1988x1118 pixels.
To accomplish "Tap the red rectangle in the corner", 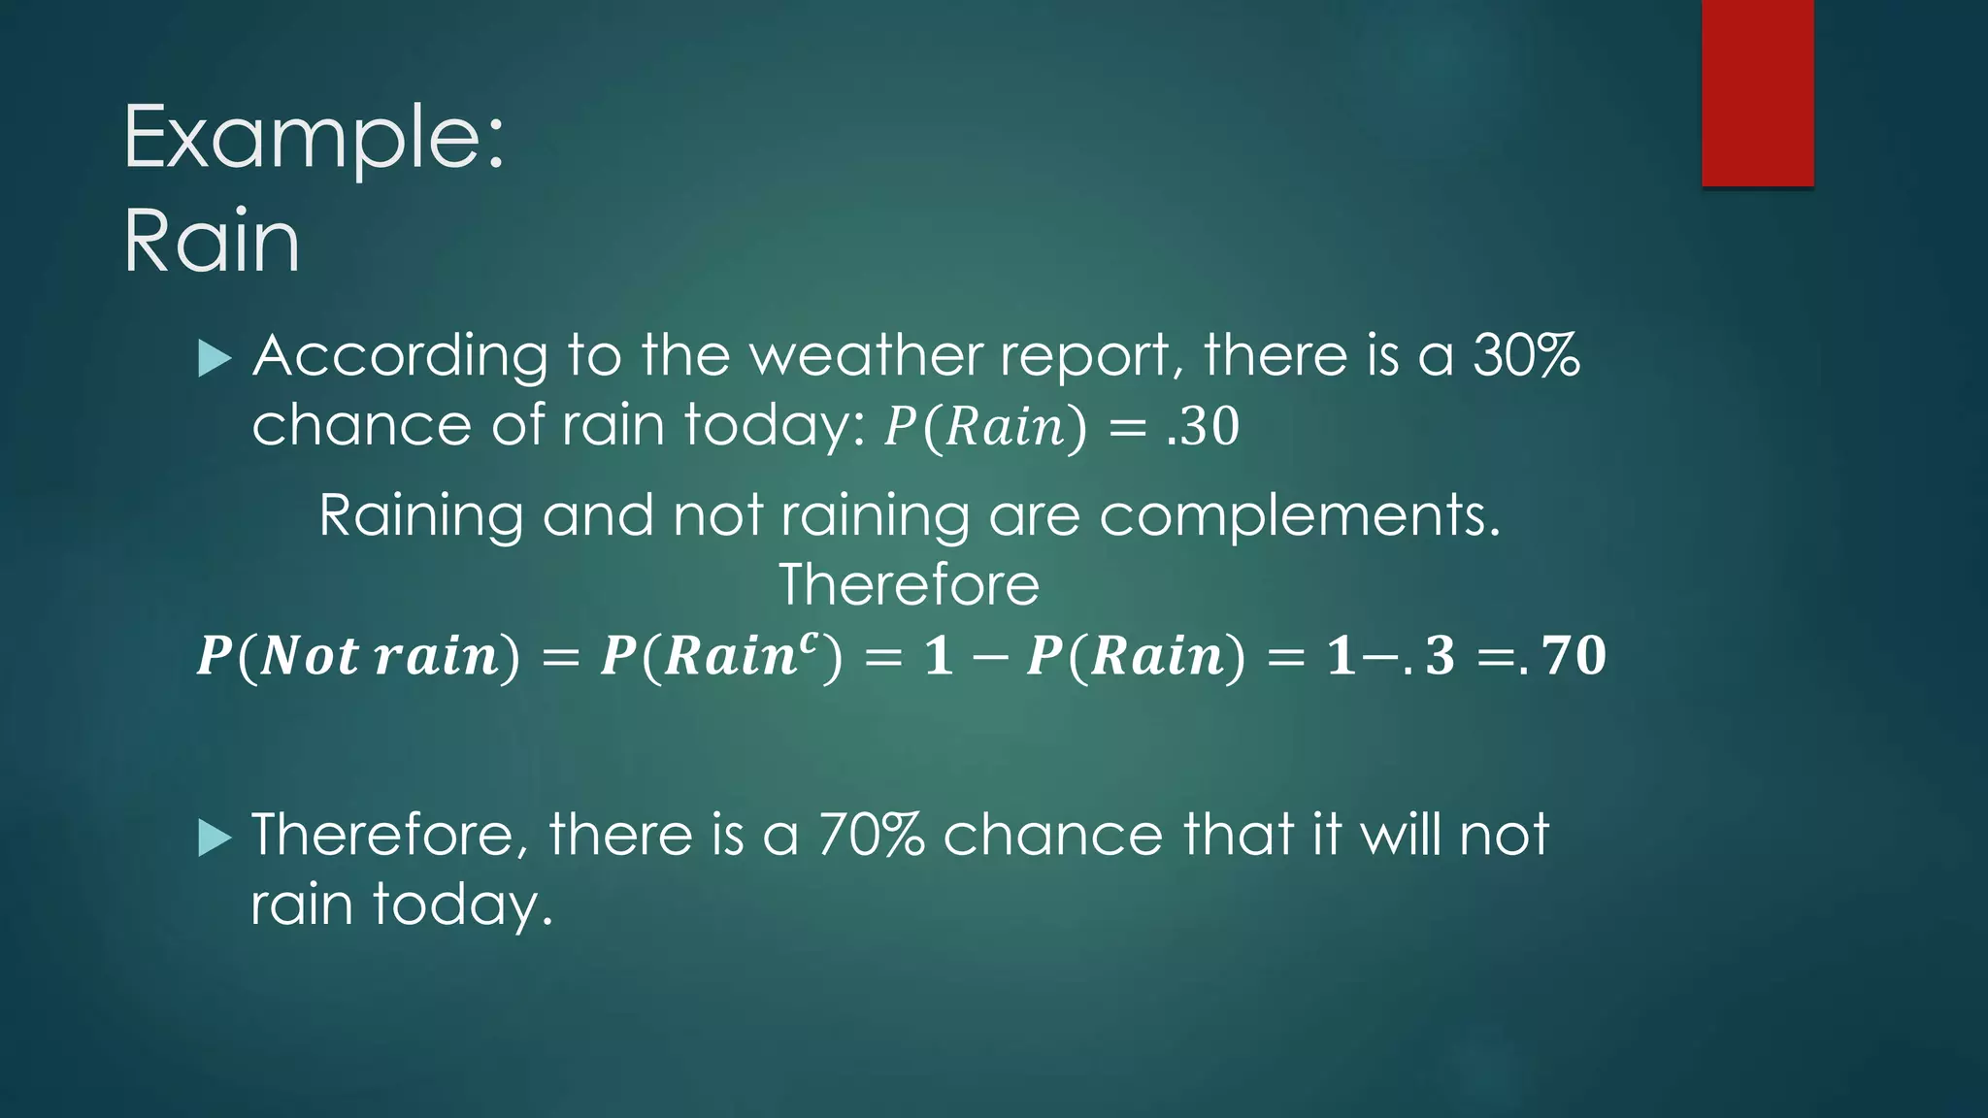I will point(1757,93).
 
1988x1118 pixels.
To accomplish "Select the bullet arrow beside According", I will point(214,359).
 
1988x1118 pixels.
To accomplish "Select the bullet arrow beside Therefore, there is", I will point(214,838).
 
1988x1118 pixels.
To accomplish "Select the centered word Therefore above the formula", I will point(909,585).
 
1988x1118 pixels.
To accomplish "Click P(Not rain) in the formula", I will point(358,656).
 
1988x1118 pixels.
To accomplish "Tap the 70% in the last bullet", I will point(871,835).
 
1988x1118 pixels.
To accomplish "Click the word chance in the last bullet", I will point(1052,835).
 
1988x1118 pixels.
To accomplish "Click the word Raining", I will point(420,516).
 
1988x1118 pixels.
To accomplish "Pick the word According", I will point(400,357).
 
